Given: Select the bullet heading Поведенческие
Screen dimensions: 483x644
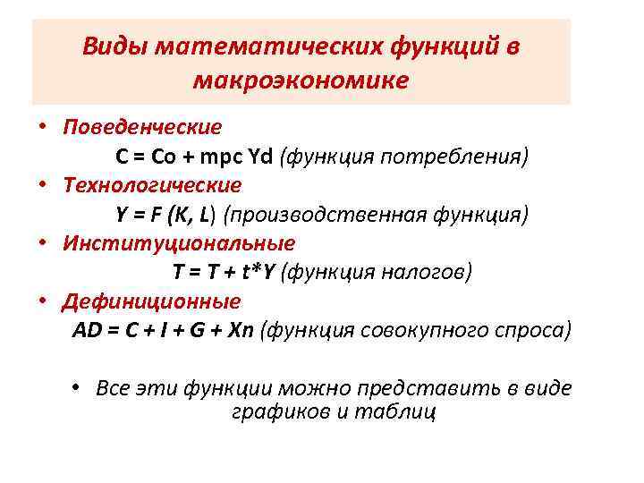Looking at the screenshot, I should (x=142, y=128).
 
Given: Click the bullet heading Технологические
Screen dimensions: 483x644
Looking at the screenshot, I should (x=152, y=185).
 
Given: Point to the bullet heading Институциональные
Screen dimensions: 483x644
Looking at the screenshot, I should (x=179, y=242).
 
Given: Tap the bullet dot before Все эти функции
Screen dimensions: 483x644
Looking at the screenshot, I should (x=78, y=387).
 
